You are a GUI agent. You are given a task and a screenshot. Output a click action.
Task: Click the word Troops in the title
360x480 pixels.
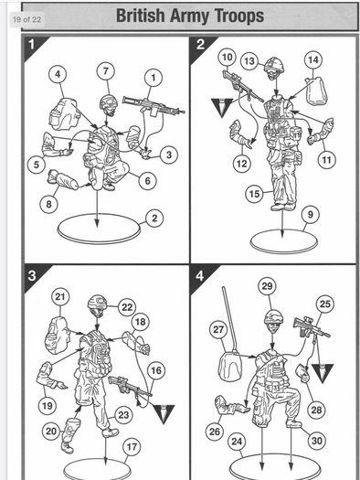[239, 16]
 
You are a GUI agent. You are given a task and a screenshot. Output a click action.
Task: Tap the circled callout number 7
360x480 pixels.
[106, 71]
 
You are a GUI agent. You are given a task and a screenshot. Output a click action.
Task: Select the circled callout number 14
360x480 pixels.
[313, 60]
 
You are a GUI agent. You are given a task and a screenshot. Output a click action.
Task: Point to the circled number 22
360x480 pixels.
[127, 307]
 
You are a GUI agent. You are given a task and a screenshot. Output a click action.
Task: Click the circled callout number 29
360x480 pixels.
[268, 286]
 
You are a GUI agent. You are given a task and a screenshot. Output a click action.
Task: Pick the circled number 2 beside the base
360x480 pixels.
[154, 219]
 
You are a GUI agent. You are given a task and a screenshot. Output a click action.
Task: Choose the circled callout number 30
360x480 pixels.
[317, 441]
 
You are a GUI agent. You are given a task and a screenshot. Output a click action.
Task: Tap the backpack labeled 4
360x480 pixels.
[63, 113]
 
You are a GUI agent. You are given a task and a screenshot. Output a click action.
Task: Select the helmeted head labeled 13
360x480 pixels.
[274, 69]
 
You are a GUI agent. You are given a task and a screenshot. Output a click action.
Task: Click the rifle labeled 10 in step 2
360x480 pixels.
[242, 86]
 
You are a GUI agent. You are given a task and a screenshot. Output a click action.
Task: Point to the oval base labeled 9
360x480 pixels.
[284, 241]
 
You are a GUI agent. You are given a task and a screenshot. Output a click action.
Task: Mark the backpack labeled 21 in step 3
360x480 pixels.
[58, 336]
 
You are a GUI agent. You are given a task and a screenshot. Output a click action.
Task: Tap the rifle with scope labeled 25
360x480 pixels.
[312, 327]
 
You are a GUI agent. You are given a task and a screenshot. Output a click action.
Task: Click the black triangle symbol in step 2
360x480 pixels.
[222, 107]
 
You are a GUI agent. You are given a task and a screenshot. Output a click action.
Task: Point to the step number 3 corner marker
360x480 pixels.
[34, 277]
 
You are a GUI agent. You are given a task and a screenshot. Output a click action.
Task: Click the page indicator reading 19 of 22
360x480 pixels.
[26, 19]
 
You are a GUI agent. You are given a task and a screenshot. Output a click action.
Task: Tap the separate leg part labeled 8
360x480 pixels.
[63, 180]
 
